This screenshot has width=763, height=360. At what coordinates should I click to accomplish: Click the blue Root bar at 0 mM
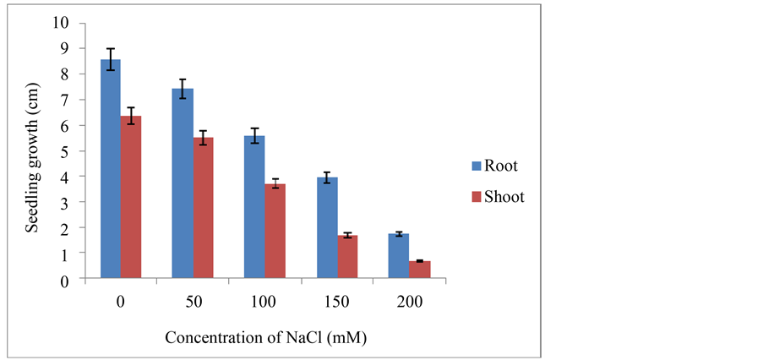point(111,169)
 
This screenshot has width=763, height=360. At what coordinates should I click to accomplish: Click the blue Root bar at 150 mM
point(327,227)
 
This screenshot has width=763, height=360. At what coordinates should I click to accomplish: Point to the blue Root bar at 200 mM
point(399,255)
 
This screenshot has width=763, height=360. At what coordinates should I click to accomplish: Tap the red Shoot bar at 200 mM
point(419,269)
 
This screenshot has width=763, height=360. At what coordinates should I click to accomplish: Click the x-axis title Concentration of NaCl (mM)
point(266,337)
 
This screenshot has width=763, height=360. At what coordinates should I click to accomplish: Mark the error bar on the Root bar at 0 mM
point(111,60)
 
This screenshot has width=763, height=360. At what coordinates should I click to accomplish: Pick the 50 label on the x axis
point(193,301)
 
